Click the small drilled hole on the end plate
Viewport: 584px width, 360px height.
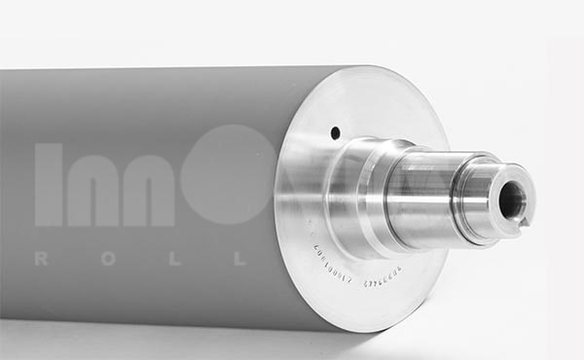click(x=335, y=132)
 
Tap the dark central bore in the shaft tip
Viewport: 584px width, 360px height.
click(x=511, y=199)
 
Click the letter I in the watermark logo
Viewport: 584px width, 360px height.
click(x=49, y=185)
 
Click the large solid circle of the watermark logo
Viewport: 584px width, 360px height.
click(x=230, y=175)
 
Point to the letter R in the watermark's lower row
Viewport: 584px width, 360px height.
click(x=41, y=259)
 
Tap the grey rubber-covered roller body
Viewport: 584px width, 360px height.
click(x=146, y=117)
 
